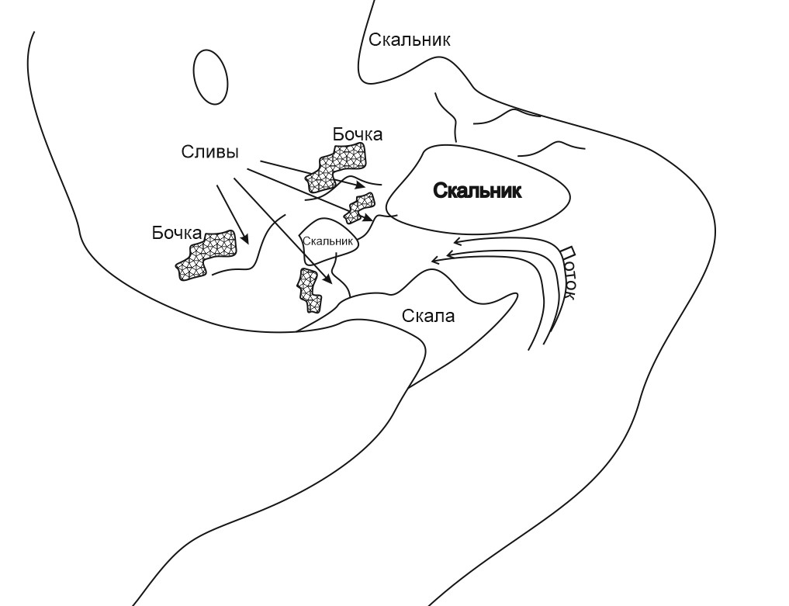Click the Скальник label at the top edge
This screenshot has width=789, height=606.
tap(409, 40)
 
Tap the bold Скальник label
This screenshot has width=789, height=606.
tap(476, 191)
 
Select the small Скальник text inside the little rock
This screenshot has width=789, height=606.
tap(328, 241)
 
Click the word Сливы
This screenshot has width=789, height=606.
tap(209, 152)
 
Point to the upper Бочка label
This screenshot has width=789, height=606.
tap(358, 134)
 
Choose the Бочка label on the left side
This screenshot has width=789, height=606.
tap(177, 234)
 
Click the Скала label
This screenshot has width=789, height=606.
tap(428, 316)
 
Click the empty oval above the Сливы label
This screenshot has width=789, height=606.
tap(210, 77)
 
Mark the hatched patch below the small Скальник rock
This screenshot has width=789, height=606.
tap(310, 289)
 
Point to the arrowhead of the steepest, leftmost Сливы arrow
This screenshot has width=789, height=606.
tap(245, 242)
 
